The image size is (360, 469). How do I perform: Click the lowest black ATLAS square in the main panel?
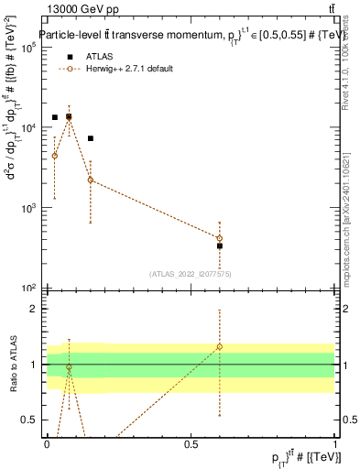220,245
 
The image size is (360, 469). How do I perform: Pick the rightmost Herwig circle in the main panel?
220,238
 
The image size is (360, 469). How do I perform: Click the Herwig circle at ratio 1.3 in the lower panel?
220,347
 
